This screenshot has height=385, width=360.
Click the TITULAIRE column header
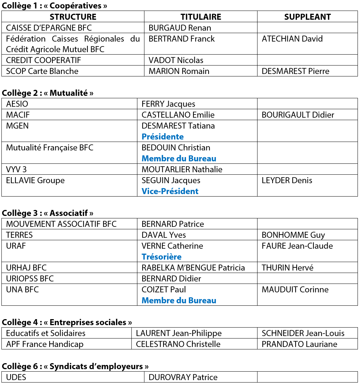pyautogui.click(x=201, y=17)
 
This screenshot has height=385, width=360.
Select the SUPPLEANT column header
pyautogui.click(x=307, y=17)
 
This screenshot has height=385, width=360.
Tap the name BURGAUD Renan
pyautogui.click(x=180, y=28)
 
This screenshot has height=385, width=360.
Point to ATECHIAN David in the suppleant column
pyautogui.click(x=292, y=39)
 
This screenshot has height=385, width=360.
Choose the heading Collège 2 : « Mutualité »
pyautogui.click(x=48, y=93)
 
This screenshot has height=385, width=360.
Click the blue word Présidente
pyautogui.click(x=162, y=137)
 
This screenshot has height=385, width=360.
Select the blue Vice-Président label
pyautogui.click(x=170, y=191)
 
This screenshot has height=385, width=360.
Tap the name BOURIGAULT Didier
pyautogui.click(x=298, y=115)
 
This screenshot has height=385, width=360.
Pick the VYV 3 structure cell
pyautogui.click(x=16, y=169)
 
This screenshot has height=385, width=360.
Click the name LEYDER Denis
pyautogui.click(x=287, y=180)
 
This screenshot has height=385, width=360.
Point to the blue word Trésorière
pyautogui.click(x=161, y=257)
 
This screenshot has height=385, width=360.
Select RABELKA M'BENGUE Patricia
pyautogui.click(x=193, y=268)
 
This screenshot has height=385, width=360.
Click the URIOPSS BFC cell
pyautogui.click(x=30, y=279)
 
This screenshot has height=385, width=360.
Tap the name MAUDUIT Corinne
pyautogui.click(x=295, y=290)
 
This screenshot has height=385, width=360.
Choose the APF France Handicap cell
pyautogui.click(x=45, y=344)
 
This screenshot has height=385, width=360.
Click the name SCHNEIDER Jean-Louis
pyautogui.click(x=303, y=333)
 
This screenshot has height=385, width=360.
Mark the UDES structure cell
pyautogui.click(x=16, y=377)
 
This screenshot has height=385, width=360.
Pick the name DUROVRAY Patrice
pyautogui.click(x=183, y=377)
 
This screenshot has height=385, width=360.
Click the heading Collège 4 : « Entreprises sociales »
pyautogui.click(x=67, y=322)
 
